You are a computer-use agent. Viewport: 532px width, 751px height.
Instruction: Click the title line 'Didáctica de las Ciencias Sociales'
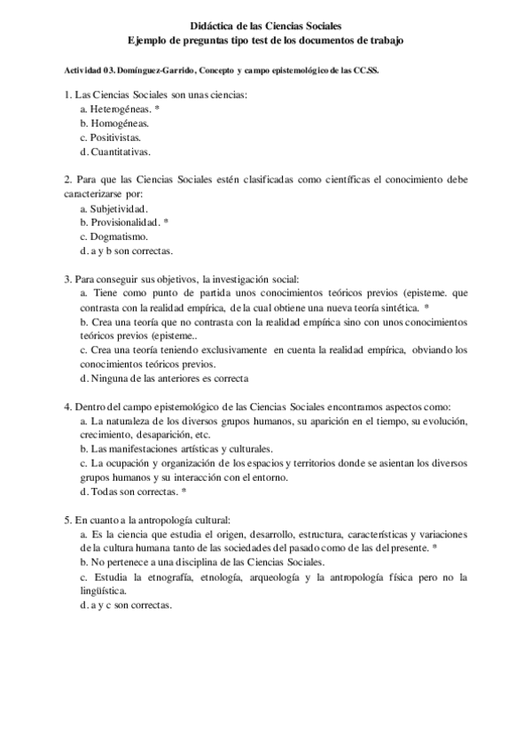point(265,28)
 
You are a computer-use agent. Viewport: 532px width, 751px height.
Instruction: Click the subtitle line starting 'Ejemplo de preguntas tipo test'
point(265,42)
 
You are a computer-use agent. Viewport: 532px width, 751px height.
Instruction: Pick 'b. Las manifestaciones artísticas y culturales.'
point(176,449)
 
